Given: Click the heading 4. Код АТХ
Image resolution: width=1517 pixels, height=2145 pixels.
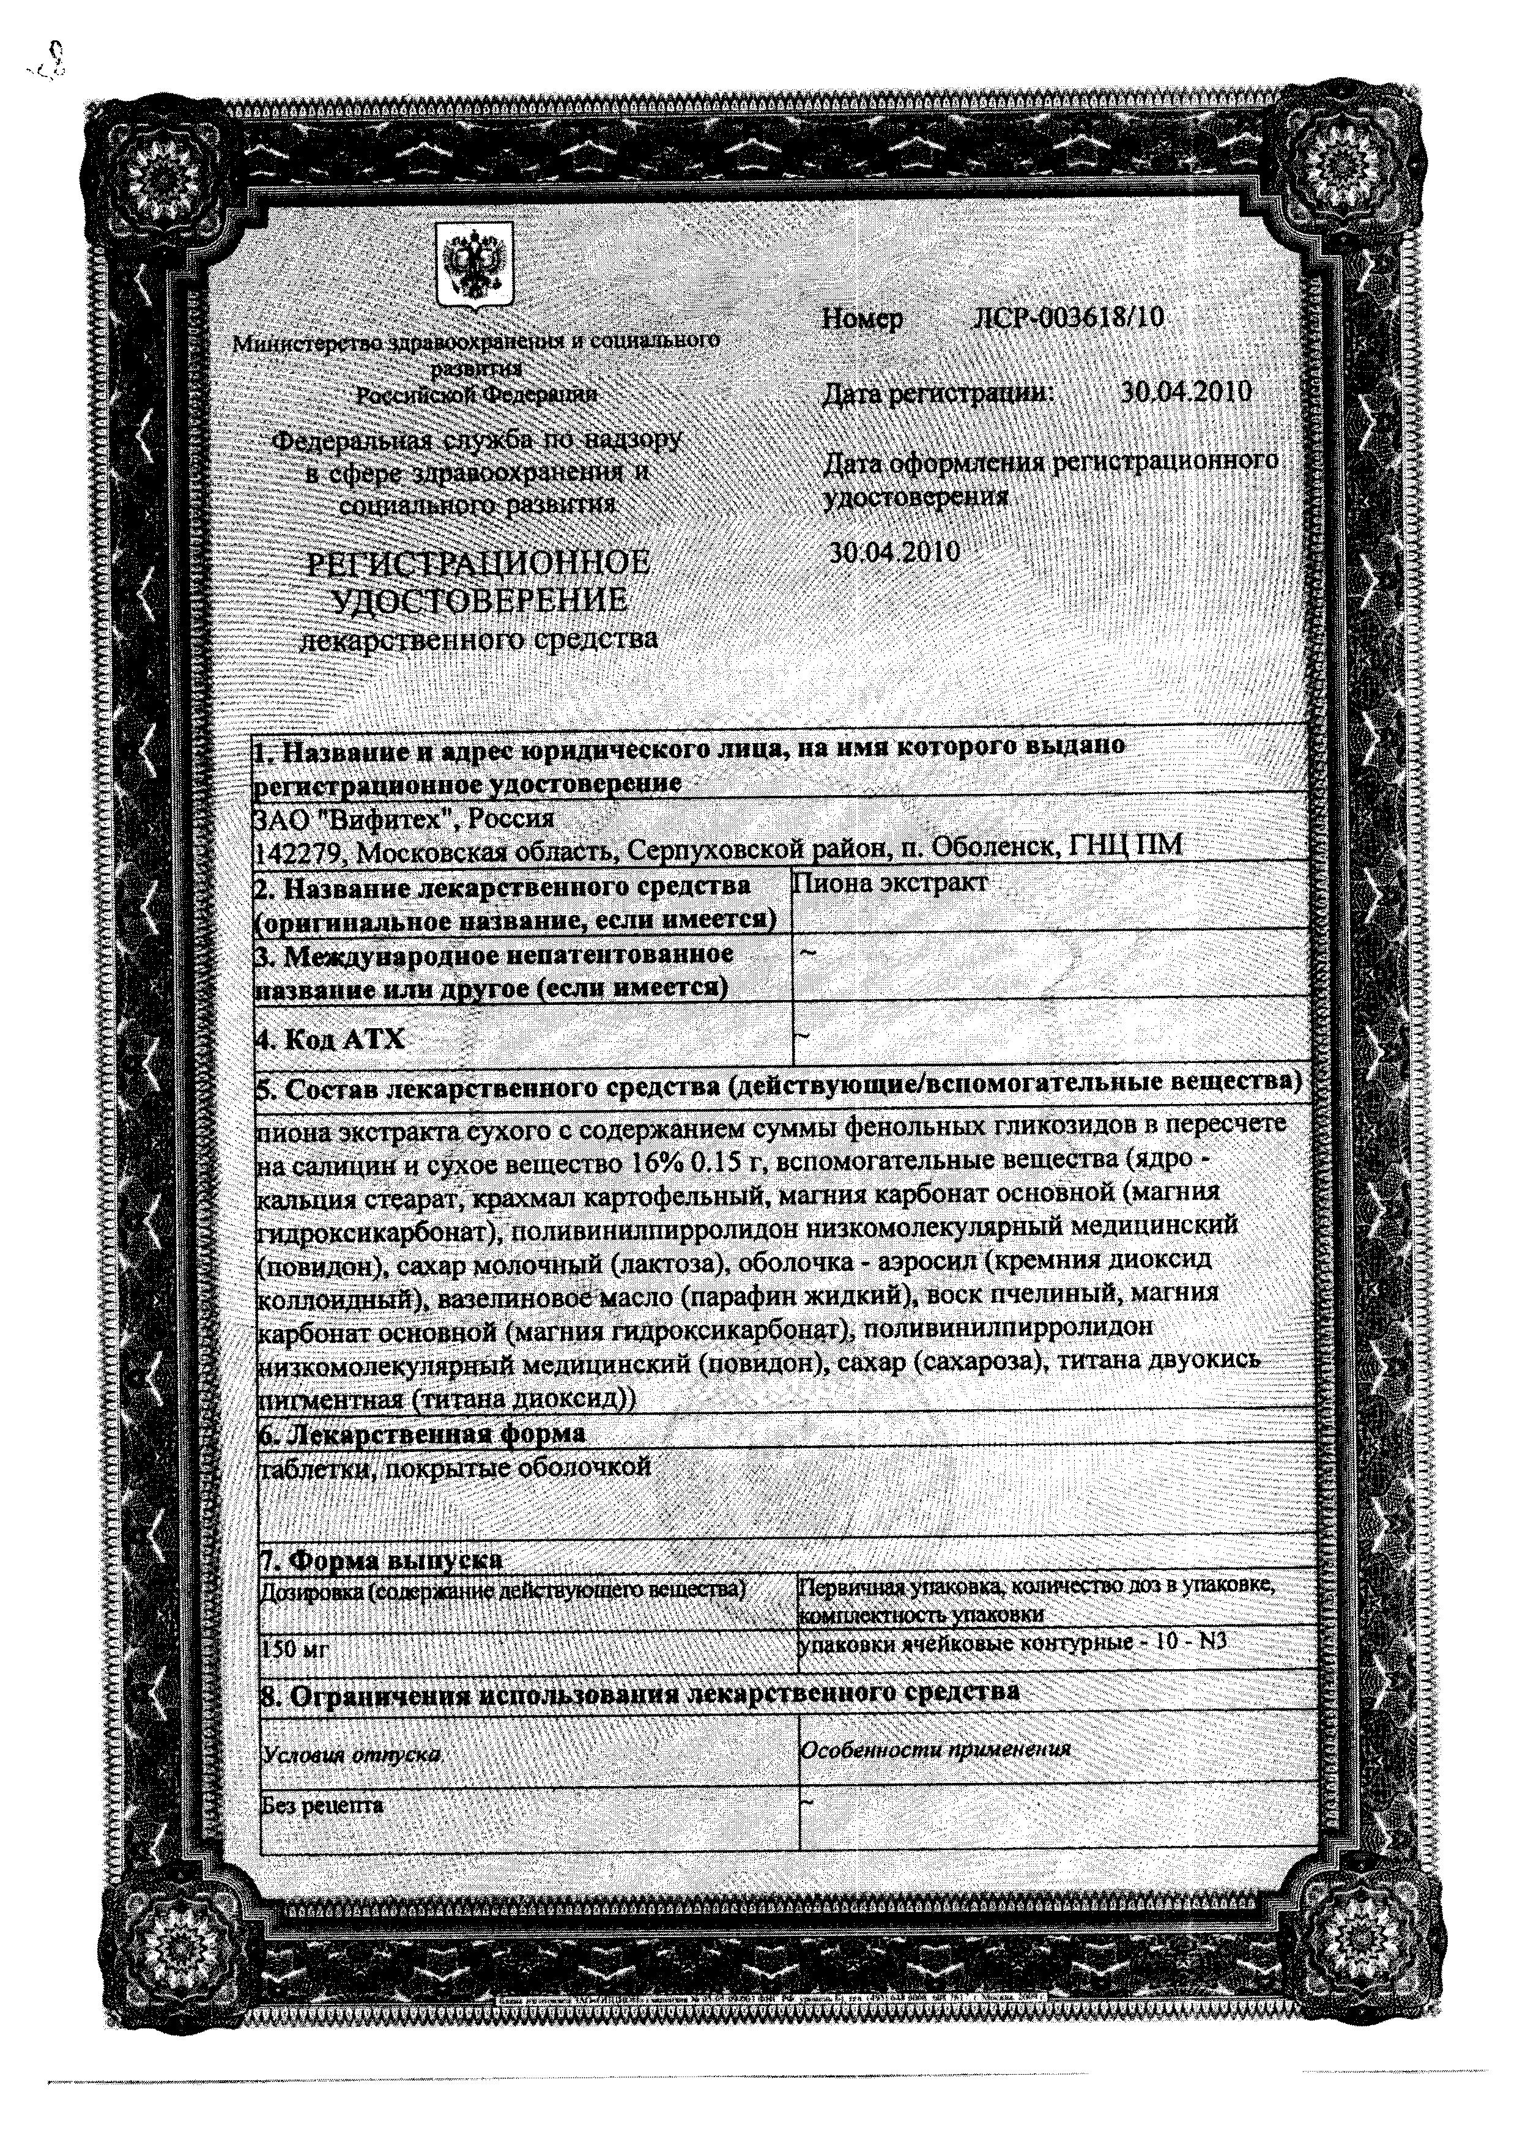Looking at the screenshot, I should pos(331,1039).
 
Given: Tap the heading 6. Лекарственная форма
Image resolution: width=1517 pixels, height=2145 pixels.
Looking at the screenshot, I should pos(421,1432).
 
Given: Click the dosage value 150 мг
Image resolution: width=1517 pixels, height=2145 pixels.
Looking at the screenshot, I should pos(294,1649).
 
